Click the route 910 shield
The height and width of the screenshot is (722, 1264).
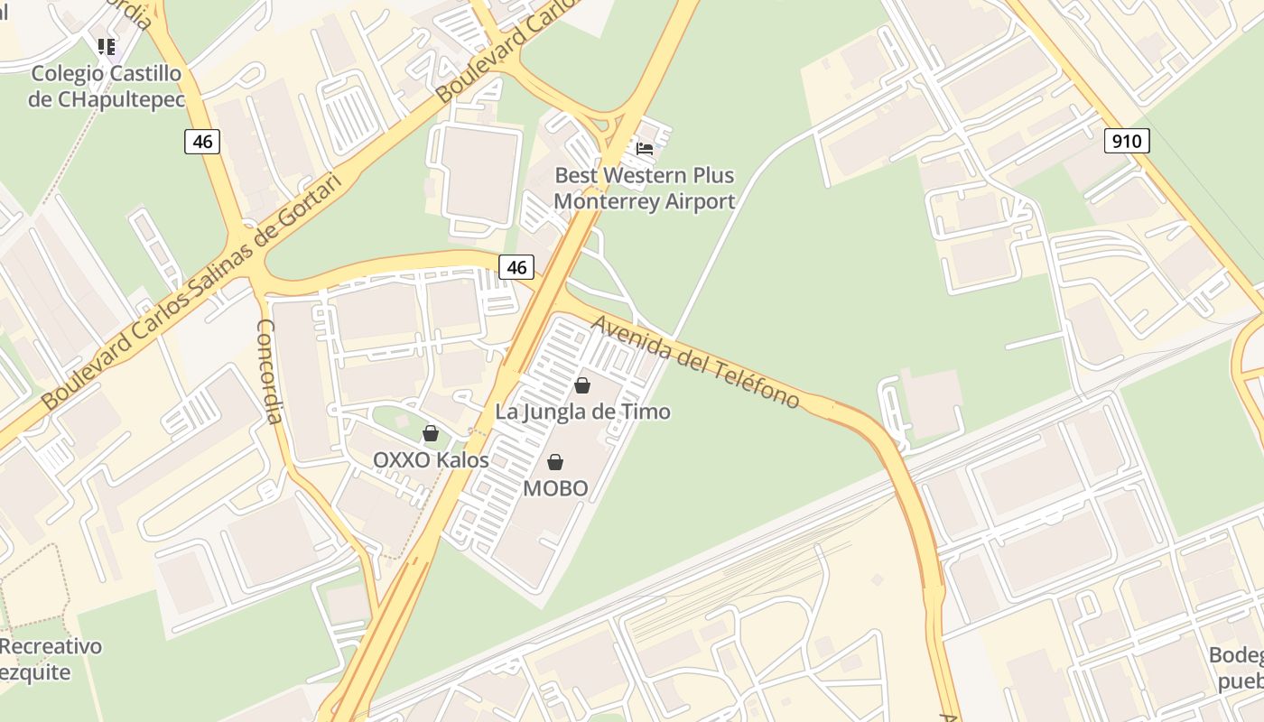pos(1126,141)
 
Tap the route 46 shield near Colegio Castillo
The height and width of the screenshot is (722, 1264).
pos(202,141)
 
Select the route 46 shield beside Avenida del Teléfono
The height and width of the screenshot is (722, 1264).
pos(516,266)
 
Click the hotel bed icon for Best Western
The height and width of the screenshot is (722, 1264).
pos(645,149)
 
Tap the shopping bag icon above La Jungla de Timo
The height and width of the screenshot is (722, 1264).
pos(582,385)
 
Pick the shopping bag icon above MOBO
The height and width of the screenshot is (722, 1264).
pos(555,462)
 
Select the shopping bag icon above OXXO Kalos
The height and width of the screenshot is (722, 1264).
pos(431,433)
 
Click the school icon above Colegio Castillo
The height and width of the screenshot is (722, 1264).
pos(107,46)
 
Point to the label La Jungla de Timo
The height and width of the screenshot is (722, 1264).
pos(582,412)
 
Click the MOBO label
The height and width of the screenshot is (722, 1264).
pos(555,489)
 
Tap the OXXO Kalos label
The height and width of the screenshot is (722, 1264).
pos(431,460)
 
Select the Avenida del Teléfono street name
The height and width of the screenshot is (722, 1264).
pos(695,361)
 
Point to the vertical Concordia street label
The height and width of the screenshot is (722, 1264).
pos(270,370)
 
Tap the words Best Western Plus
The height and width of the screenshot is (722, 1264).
pos(644,175)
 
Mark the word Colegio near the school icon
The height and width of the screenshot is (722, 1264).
pos(67,73)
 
